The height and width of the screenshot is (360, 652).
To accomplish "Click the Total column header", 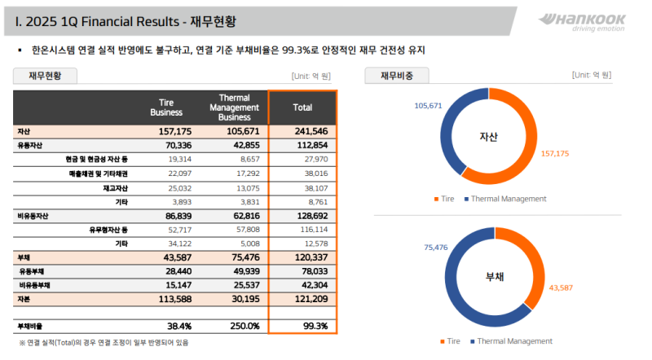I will (302, 108).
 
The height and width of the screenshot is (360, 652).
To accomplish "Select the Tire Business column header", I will (171, 108).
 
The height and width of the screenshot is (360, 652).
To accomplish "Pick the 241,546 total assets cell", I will (310, 131).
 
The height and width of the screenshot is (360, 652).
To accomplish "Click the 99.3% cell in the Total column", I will (315, 326).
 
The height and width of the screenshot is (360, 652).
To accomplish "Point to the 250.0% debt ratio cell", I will (244, 326).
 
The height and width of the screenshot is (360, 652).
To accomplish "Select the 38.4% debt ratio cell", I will (178, 326).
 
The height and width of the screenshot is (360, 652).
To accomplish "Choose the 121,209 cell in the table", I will (310, 299).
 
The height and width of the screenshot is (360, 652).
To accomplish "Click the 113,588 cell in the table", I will (173, 299).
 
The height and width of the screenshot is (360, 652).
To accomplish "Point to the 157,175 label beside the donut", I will (556, 153).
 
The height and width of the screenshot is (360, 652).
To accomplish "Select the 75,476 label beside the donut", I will (437, 247).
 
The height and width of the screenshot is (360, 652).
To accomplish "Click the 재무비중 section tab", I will (396, 76).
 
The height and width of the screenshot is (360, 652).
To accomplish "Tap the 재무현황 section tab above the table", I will (45, 76).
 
